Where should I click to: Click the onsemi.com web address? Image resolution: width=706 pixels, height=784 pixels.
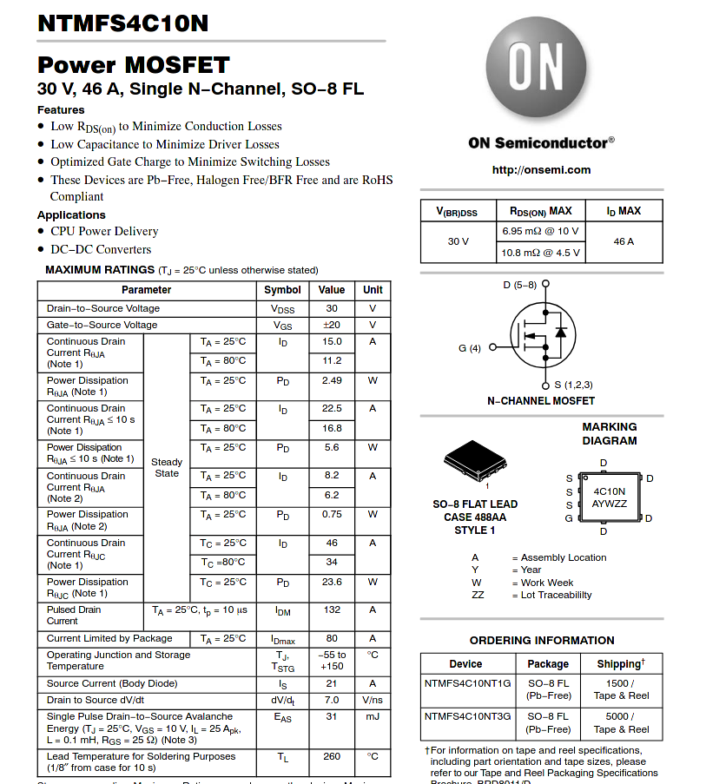pyautogui.click(x=541, y=170)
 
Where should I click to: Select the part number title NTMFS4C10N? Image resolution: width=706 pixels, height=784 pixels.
pyautogui.click(x=123, y=23)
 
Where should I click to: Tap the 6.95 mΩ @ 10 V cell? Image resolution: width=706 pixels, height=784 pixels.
pyautogui.click(x=540, y=231)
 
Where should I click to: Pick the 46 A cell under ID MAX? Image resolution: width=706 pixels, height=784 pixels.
pyautogui.click(x=624, y=241)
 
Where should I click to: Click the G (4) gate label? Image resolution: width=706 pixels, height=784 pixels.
pyautogui.click(x=470, y=348)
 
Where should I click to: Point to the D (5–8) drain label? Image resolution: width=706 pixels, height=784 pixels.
pyautogui.click(x=520, y=285)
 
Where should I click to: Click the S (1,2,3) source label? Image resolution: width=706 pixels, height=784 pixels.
pyautogui.click(x=573, y=384)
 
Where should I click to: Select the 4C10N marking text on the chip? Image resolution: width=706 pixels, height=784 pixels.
pyautogui.click(x=610, y=491)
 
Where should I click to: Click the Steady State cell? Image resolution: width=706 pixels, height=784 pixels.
pyautogui.click(x=167, y=468)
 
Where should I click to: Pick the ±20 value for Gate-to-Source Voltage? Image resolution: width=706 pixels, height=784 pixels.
pyautogui.click(x=332, y=325)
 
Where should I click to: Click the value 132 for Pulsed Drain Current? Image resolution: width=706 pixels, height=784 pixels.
pyautogui.click(x=332, y=610)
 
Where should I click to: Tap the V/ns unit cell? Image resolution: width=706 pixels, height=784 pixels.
pyautogui.click(x=373, y=700)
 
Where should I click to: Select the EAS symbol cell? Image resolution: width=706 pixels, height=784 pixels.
pyautogui.click(x=283, y=717)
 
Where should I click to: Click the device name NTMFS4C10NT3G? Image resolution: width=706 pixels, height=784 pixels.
pyautogui.click(x=468, y=716)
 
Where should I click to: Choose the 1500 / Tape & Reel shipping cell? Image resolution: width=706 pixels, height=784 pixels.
pyautogui.click(x=621, y=689)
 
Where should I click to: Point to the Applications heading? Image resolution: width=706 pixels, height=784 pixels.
pyautogui.click(x=71, y=214)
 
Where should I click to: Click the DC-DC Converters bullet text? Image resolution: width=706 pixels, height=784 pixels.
pyautogui.click(x=101, y=249)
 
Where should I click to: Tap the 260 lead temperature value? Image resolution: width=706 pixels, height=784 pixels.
pyautogui.click(x=332, y=756)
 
